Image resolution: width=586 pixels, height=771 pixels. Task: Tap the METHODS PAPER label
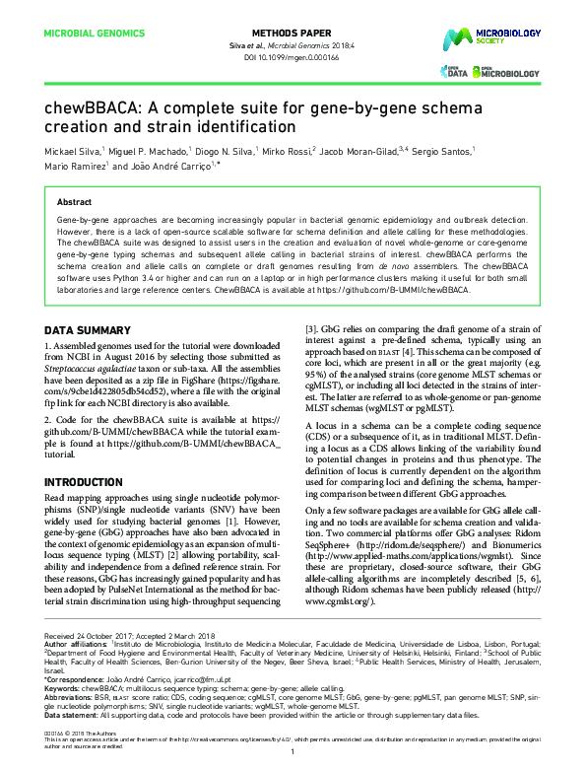[x=293, y=33]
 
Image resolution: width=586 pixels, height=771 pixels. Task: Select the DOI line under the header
[x=293, y=56]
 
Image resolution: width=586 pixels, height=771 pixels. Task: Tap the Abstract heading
[x=75, y=201]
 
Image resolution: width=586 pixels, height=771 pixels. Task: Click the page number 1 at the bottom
[x=293, y=752]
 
